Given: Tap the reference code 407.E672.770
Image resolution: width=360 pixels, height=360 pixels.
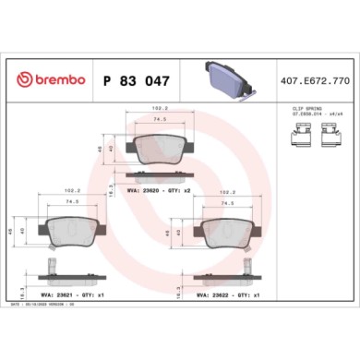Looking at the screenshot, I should coord(315,80).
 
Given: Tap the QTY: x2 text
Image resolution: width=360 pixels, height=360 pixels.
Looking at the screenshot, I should coord(179,192).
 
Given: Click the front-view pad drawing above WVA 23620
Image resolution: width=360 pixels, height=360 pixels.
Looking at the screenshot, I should coord(158,149).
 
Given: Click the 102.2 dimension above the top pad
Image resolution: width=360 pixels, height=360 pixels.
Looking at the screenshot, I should coord(159,109).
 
